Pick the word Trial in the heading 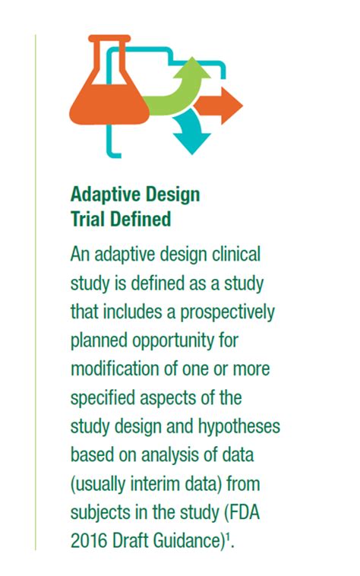pyautogui.click(x=89, y=220)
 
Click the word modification pyautogui.click(x=114, y=369)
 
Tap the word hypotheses pyautogui.click(x=241, y=426)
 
